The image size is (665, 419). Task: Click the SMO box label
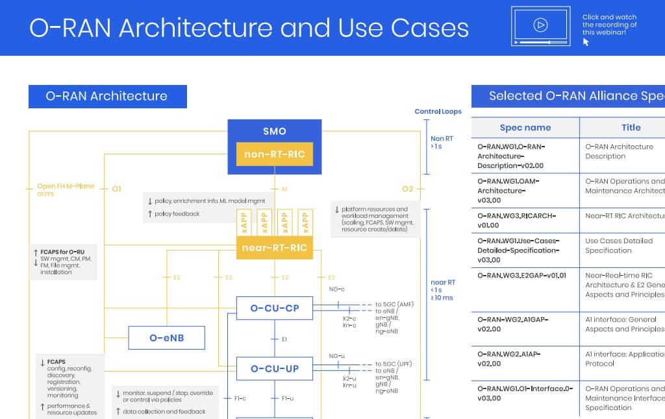pos(274,132)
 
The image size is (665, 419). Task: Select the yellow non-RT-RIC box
pos(274,154)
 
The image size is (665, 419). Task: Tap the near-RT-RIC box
pos(274,248)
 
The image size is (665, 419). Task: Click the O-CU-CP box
pos(274,308)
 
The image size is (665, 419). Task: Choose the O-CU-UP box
pos(274,368)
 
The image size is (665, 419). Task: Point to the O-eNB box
pos(167,338)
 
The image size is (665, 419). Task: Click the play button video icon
pos(540,25)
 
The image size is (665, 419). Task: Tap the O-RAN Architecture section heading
pos(107,96)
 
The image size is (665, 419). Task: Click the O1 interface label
pos(116,189)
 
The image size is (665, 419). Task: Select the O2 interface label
pos(407,189)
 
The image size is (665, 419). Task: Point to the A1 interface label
pos(284,189)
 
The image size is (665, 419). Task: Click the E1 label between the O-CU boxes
pos(284,339)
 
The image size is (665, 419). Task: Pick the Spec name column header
pos(525,128)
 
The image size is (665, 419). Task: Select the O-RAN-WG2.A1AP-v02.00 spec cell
pos(508,359)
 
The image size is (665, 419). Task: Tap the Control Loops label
pos(438,112)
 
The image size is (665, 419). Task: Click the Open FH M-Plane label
pos(66,186)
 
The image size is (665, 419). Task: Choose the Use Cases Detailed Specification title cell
pos(619,245)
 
